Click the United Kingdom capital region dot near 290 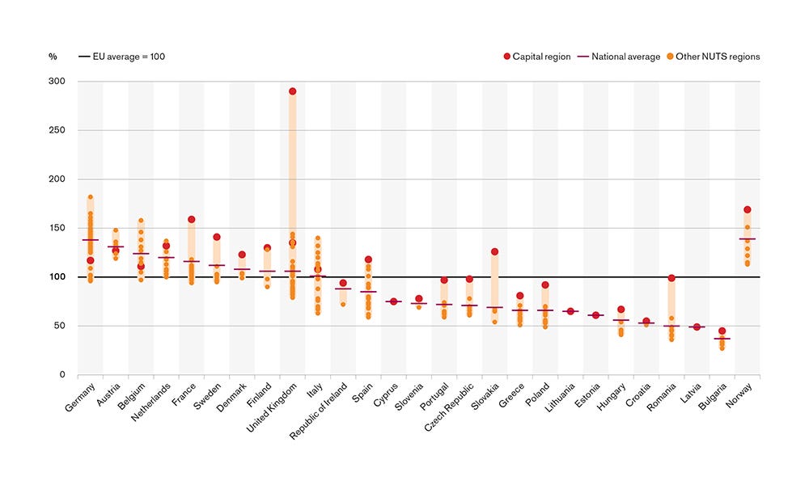[x=292, y=91]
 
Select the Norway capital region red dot [x=747, y=210]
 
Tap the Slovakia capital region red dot [x=494, y=252]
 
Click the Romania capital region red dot [x=671, y=278]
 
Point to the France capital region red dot [x=191, y=220]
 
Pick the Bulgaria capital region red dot [x=722, y=331]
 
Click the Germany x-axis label [x=82, y=396]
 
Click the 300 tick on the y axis [x=57, y=82]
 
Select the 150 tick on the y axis [x=57, y=229]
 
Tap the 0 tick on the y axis [x=61, y=375]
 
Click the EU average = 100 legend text [x=130, y=57]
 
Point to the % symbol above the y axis [x=53, y=57]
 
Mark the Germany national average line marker [x=91, y=240]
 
